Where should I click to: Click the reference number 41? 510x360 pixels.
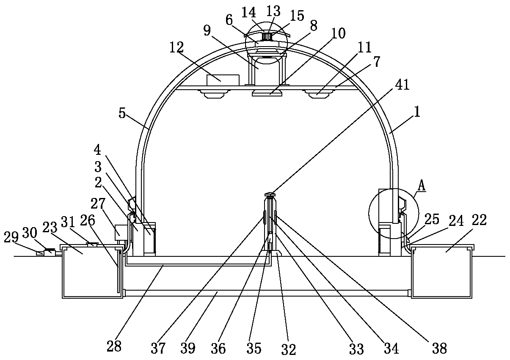(x=402, y=85)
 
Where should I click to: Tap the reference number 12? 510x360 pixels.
(x=176, y=47)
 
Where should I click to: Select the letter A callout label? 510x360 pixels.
(x=422, y=185)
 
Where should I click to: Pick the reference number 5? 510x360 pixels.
(x=122, y=113)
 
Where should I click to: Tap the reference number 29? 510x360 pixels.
(x=11, y=238)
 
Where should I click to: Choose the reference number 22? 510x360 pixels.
(x=480, y=220)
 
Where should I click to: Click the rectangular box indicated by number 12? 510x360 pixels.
(x=223, y=80)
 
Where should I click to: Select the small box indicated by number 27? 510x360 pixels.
(x=121, y=232)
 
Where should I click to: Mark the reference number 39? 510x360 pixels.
(x=188, y=348)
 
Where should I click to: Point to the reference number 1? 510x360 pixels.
(x=417, y=112)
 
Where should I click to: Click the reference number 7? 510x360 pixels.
(x=377, y=61)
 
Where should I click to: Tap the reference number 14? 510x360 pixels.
(x=248, y=13)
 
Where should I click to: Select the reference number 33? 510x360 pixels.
(x=356, y=349)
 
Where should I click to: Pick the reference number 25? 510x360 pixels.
(x=432, y=220)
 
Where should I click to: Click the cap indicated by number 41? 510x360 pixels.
(x=270, y=194)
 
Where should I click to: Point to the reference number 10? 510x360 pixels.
(x=338, y=33)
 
